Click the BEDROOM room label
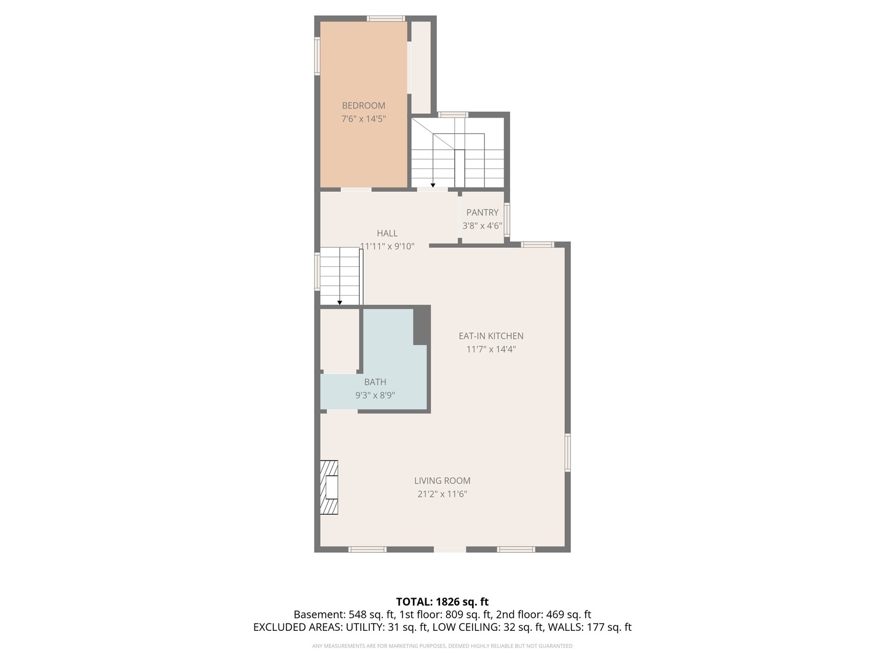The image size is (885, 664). [363, 106]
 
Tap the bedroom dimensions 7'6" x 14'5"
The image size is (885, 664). [363, 119]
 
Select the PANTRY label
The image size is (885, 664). [482, 213]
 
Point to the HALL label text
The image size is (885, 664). [387, 233]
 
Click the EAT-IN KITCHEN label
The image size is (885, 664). [490, 336]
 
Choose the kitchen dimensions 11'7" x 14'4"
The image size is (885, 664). [490, 349]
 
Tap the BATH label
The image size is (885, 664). [375, 382]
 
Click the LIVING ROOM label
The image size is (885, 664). [442, 481]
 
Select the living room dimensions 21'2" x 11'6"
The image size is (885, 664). [442, 494]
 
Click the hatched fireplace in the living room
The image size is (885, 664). [329, 487]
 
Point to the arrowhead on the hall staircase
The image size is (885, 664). [339, 302]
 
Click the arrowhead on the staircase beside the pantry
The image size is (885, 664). [433, 186]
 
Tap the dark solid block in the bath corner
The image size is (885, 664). [422, 325]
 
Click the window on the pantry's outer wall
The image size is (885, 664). [507, 219]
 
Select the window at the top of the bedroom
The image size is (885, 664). [385, 18]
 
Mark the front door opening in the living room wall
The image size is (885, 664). [450, 549]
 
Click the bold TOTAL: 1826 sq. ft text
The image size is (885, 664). [442, 602]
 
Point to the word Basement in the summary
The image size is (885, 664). [318, 615]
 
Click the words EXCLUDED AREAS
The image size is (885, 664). [297, 627]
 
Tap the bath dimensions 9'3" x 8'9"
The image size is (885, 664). [375, 395]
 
